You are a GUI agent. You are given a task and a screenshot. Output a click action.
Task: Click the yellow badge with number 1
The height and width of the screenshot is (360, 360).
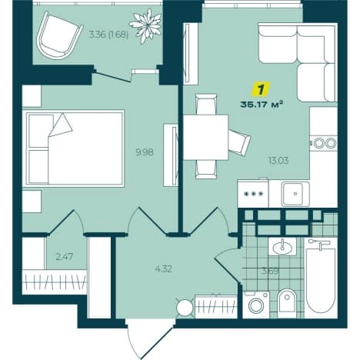(x=261, y=89)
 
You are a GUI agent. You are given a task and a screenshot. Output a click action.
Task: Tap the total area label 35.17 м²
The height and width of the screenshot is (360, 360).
(x=262, y=105)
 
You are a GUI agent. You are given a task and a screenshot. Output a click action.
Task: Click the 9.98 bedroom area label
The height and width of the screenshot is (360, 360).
(x=145, y=152)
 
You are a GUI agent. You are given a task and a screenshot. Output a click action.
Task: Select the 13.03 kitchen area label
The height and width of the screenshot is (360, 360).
(x=278, y=161)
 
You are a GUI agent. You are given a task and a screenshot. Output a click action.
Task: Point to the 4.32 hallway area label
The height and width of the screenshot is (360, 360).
(x=163, y=269)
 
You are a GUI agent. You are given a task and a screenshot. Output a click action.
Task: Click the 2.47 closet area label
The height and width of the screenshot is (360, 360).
(x=65, y=256)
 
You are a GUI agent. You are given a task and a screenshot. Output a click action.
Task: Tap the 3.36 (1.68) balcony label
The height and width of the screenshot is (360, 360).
(x=108, y=35)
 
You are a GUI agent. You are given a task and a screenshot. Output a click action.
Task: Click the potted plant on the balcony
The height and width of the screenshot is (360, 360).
(x=145, y=25)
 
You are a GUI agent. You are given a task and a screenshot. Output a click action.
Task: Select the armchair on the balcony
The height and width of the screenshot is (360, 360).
(x=59, y=35)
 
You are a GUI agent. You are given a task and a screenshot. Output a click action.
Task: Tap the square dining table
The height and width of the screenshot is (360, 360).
(x=205, y=137)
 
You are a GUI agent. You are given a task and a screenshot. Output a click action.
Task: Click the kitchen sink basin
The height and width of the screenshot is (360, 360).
(x=295, y=194)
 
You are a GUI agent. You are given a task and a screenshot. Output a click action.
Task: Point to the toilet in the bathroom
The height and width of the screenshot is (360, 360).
(x=287, y=304)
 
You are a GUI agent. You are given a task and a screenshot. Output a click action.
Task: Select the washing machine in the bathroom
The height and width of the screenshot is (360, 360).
(x=256, y=305)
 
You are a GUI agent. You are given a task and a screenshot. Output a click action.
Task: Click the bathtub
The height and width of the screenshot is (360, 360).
(x=321, y=278)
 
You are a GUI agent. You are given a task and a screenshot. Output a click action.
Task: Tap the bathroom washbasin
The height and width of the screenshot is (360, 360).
(x=282, y=246)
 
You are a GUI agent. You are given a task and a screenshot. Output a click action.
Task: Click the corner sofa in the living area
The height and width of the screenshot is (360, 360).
(x=298, y=62)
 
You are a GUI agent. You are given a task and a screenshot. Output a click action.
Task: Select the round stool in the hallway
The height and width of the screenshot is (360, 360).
(x=185, y=308)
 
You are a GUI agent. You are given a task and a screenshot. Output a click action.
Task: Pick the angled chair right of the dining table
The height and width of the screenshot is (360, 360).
(x=239, y=142)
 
